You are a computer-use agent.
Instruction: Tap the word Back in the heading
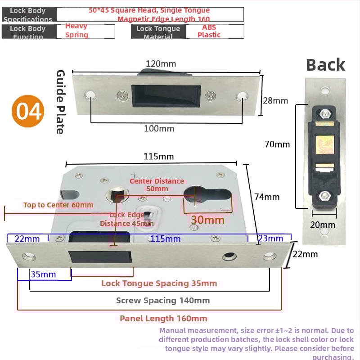coord(325,65)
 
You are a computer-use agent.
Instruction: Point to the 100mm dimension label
coord(159,129)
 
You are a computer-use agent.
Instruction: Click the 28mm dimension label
coord(275,100)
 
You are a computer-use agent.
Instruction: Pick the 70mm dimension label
coord(277,144)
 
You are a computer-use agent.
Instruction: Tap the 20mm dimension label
coord(323,225)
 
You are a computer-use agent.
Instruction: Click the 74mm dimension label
coord(267,197)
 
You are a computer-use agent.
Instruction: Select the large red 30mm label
coord(207,220)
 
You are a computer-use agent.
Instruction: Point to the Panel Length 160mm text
coord(163,319)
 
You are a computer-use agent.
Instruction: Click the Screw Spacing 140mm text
coord(163,300)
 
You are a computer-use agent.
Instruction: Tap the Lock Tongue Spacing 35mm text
coord(159,283)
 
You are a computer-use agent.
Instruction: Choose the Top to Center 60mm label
coord(58,205)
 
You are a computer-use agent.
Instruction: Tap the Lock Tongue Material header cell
coord(158,31)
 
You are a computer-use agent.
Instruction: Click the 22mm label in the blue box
coord(27,238)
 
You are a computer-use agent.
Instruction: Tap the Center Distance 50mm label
coord(157,184)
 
